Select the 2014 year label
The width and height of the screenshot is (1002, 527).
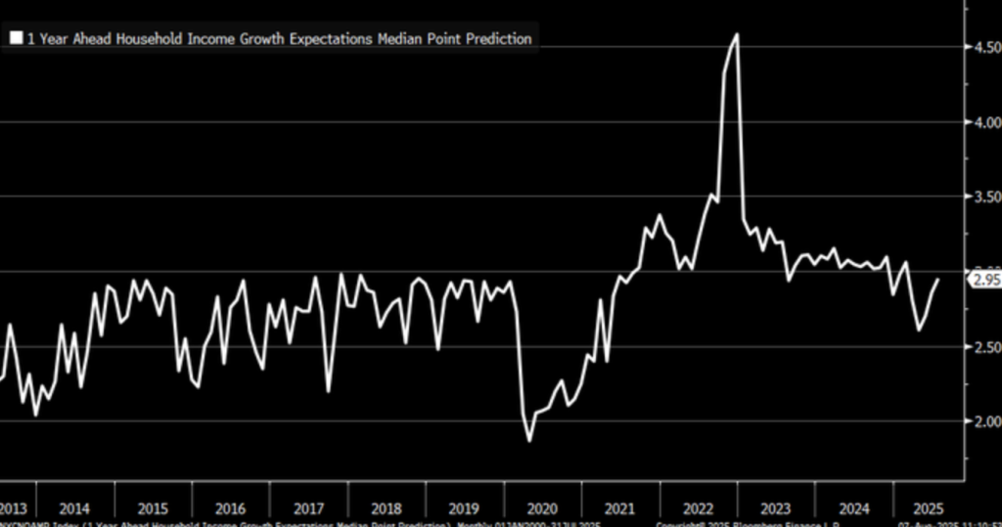(75, 508)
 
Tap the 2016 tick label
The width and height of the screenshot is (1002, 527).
(230, 508)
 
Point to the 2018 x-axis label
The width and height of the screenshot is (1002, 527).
(386, 508)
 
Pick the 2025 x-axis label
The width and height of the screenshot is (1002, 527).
(928, 508)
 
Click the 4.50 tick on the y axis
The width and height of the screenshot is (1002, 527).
(981, 47)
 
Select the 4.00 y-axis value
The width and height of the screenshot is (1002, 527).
(981, 122)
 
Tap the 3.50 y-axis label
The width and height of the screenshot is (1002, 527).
(981, 198)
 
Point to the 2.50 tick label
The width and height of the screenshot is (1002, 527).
(981, 347)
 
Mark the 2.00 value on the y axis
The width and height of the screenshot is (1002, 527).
(981, 421)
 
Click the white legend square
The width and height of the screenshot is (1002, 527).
(17, 39)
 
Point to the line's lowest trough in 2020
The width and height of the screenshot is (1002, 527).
(530, 441)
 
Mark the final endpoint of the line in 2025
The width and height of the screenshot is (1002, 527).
(937, 280)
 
